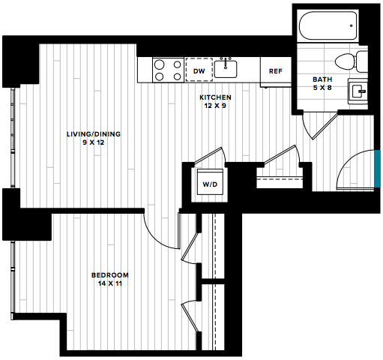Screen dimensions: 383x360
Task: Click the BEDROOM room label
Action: [x=110, y=275]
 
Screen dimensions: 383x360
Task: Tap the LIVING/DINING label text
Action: [x=94, y=134]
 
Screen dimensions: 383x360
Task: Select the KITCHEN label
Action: [x=215, y=97]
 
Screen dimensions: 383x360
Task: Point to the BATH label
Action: [x=322, y=79]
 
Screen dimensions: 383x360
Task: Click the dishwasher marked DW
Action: [x=199, y=70]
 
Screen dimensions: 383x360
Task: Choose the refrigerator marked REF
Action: [x=276, y=72]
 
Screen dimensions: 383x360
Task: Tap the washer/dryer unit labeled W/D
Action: [x=210, y=181]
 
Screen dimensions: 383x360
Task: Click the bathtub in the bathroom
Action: [x=328, y=25]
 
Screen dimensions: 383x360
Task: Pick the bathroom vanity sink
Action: [x=358, y=91]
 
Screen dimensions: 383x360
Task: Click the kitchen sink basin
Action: [x=226, y=69]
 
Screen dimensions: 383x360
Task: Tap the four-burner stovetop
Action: [x=168, y=70]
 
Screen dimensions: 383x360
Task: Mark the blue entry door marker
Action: [x=377, y=169]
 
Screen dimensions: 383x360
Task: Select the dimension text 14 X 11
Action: [x=110, y=283]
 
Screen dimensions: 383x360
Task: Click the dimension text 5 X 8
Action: [x=322, y=88]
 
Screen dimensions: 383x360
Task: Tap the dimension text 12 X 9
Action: [x=215, y=106]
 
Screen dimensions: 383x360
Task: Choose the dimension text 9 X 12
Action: [x=94, y=142]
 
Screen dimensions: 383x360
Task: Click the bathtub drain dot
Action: [x=351, y=25]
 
